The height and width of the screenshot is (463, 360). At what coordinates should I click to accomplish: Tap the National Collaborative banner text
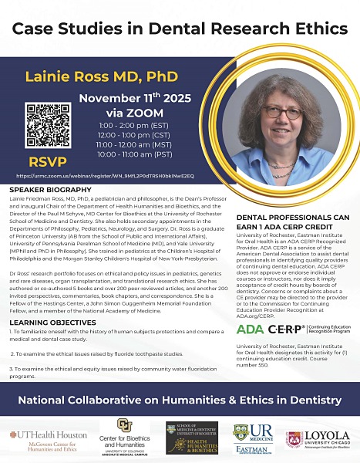[x=180, y=400]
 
